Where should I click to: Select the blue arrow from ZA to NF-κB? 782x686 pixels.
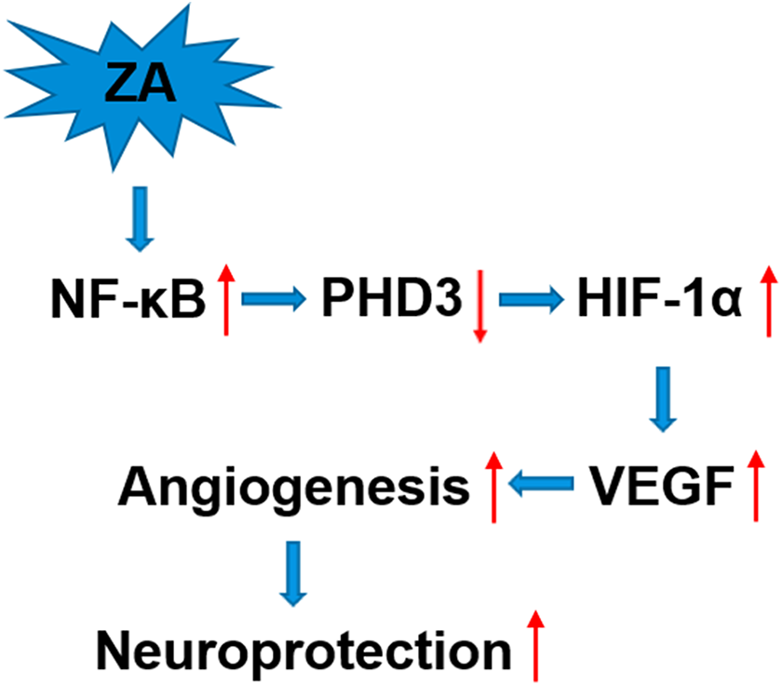tap(139, 219)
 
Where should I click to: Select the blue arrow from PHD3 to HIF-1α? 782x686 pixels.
tap(532, 299)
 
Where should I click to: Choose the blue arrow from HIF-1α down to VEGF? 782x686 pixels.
tap(662, 398)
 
